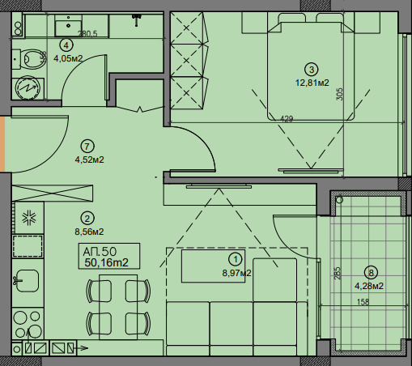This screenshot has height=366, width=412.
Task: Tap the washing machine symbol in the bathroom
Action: tap(28, 87)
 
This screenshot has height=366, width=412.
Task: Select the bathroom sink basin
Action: tap(68, 25)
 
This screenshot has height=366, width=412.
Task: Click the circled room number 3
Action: tap(312, 70)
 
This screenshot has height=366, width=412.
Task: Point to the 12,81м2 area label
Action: tap(312, 83)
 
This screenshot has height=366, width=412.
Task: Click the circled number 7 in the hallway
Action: tap(87, 147)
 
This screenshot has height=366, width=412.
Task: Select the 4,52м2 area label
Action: tap(89, 160)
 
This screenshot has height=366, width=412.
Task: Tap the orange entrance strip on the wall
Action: tap(2, 144)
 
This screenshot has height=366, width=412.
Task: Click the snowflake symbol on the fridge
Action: tap(29, 218)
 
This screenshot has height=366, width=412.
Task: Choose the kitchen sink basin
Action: tap(27, 281)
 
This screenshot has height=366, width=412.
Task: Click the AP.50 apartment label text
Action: tap(100, 252)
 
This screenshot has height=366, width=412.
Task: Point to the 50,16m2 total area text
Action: tap(106, 262)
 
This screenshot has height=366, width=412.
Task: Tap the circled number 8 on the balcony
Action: tap(371, 273)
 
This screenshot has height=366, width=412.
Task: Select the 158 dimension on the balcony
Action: tap(363, 302)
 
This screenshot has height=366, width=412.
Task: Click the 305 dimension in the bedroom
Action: tap(340, 94)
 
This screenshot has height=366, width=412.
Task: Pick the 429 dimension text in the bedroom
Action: tap(287, 118)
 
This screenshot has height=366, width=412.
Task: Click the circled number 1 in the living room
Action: tap(235, 260)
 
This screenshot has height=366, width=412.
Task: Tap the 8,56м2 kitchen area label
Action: tap(89, 232)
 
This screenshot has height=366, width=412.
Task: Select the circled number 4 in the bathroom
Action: tap(66, 45)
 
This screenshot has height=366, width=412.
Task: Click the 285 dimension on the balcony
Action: tap(338, 273)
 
